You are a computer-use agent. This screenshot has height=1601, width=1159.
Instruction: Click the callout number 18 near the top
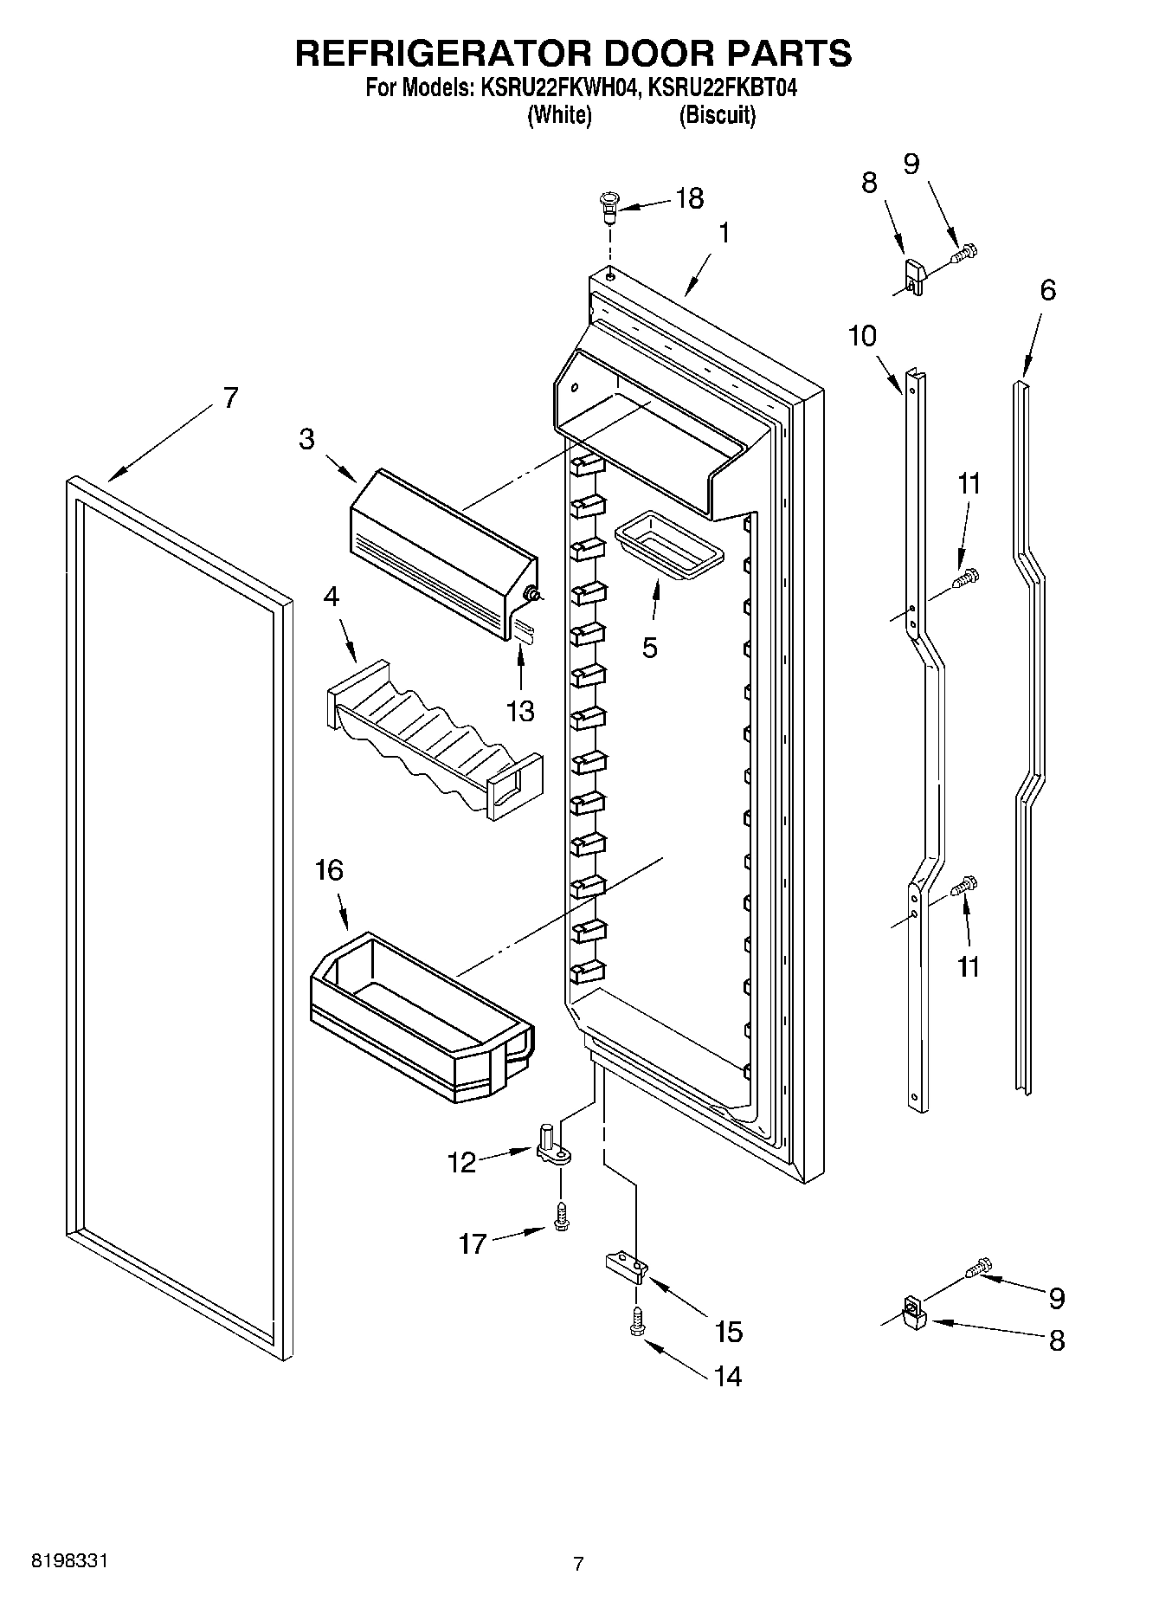coord(689,198)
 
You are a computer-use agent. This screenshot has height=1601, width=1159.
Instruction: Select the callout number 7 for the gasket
coord(229,398)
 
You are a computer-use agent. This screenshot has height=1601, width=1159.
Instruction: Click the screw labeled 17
coord(561,1217)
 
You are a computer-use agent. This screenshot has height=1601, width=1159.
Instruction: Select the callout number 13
coord(520,711)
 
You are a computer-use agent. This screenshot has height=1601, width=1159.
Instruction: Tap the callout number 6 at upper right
coord(1047,290)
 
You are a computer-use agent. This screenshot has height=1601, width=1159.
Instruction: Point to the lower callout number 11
coord(968,965)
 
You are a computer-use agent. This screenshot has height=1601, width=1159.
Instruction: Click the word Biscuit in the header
coord(717,115)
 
